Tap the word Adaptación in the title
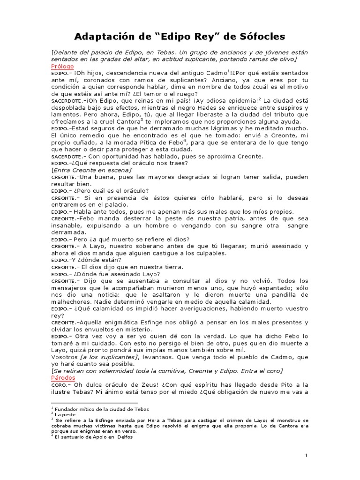click(106, 36)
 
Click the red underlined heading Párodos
click(63, 378)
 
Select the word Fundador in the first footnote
click(67, 409)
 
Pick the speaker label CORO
click(60, 385)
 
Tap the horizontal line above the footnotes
click(94, 403)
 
